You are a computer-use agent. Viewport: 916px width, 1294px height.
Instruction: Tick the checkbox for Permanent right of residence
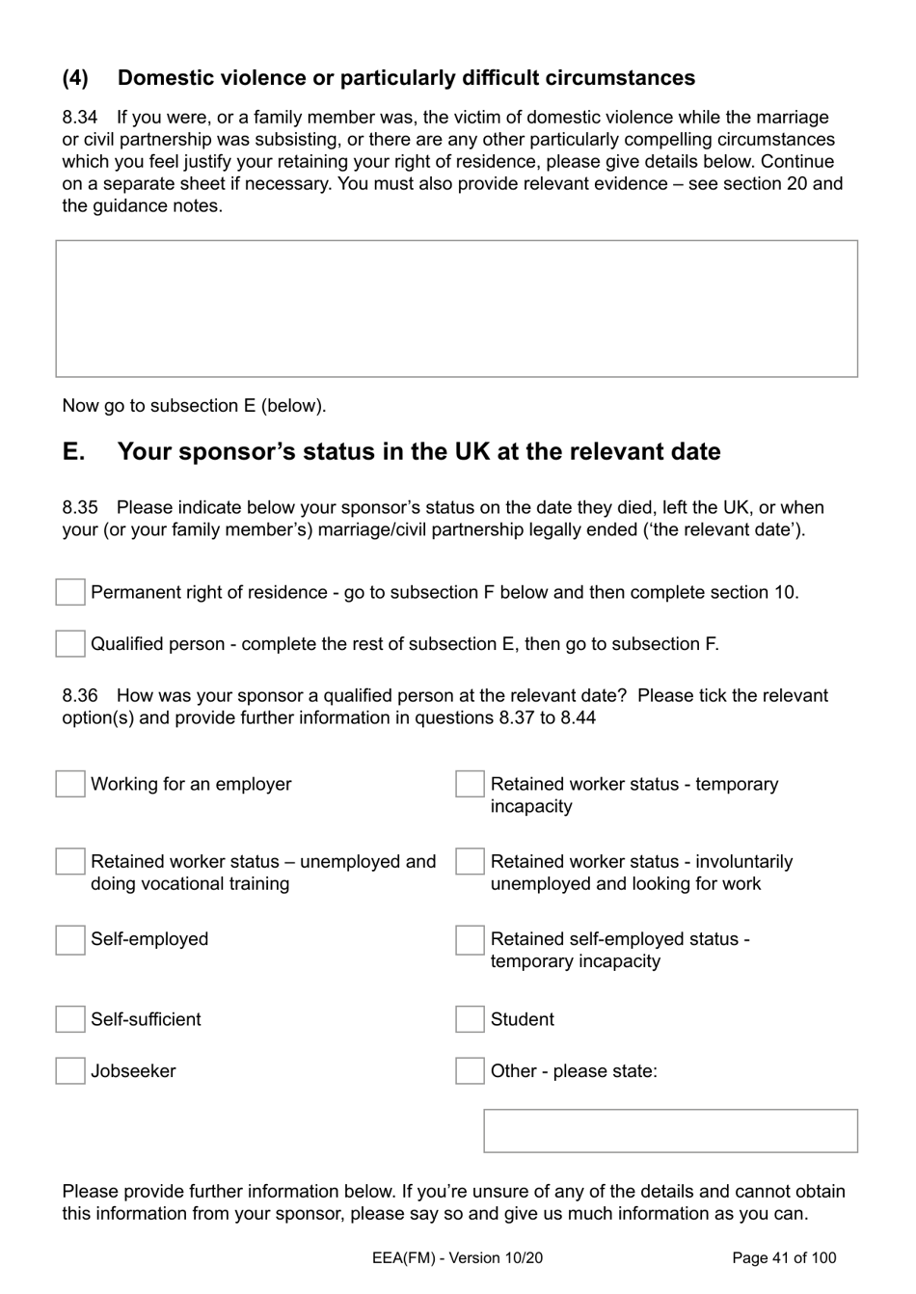[x=70, y=592]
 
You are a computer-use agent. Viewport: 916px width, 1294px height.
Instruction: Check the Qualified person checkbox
[x=70, y=643]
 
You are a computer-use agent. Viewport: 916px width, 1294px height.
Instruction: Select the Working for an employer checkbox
[x=70, y=784]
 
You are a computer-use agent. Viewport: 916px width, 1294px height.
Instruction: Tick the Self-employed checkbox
[x=70, y=940]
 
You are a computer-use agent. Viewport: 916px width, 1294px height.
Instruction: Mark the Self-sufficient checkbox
[x=70, y=1019]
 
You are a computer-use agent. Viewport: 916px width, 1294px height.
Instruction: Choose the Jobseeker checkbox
[x=70, y=1070]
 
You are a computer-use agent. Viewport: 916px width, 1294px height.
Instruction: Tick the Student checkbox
[x=470, y=1019]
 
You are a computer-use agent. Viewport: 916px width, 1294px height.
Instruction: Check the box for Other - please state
[x=470, y=1070]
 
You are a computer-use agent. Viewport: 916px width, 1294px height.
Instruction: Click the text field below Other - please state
[x=670, y=1131]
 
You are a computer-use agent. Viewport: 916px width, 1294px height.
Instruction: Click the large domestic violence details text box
[x=456, y=309]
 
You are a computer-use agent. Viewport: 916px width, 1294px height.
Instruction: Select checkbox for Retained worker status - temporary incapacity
[x=470, y=784]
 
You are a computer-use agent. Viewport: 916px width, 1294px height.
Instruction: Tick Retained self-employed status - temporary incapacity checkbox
[x=470, y=940]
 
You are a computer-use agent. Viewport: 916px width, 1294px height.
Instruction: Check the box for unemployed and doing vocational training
[x=70, y=861]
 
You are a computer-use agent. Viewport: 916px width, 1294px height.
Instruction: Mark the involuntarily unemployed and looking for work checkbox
[x=470, y=861]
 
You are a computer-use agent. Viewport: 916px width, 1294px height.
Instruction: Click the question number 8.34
[x=80, y=118]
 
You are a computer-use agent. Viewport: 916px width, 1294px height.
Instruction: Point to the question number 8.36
[x=80, y=696]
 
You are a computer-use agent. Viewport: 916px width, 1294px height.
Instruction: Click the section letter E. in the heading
[x=74, y=452]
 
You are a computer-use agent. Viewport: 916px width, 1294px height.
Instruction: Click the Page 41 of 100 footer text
[x=784, y=1257]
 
